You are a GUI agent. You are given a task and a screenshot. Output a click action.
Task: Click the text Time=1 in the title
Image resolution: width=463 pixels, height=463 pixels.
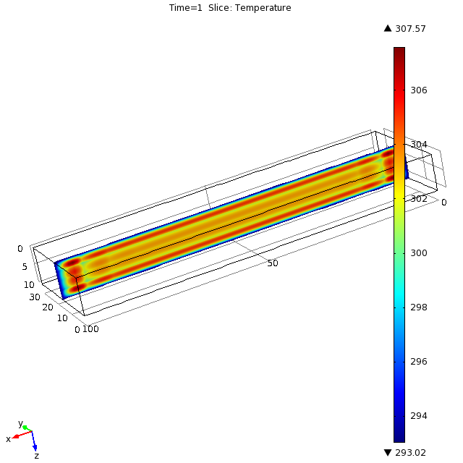[x=185, y=8]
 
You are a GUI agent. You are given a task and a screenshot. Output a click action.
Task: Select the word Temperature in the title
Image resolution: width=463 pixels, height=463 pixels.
[x=263, y=8]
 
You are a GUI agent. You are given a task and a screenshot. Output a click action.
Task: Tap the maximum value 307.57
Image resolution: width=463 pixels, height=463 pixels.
[x=410, y=29]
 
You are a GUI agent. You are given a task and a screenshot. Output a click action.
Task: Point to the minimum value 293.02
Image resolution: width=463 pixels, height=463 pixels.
[x=410, y=452]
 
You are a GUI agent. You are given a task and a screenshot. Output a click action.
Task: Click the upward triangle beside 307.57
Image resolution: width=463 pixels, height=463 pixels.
[x=388, y=28]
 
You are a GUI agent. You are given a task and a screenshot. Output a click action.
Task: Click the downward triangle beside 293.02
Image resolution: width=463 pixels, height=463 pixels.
[x=388, y=452]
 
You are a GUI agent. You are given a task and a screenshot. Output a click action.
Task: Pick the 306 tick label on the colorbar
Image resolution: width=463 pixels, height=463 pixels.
[x=419, y=90]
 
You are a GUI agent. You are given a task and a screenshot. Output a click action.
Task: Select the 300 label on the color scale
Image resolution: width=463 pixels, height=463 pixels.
[x=419, y=253]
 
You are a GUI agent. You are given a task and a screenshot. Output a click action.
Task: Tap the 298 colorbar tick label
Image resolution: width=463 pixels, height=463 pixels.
[x=419, y=307]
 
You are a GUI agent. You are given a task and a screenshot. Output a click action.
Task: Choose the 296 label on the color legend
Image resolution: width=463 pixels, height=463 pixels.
[x=419, y=362]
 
